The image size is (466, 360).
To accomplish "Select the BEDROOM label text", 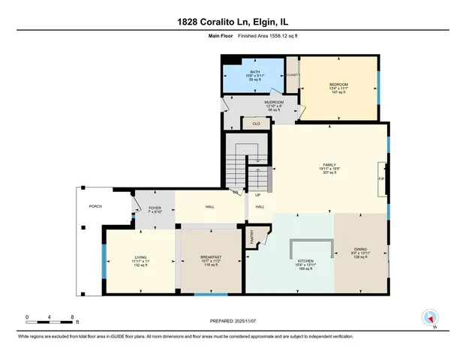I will click(338, 84).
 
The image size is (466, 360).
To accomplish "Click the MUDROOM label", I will click(274, 102).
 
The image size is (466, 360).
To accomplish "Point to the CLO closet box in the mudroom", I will click(256, 123).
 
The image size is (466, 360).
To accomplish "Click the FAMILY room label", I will click(330, 164).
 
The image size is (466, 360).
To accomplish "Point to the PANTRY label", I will click(253, 237).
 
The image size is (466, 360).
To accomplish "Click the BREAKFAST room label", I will click(210, 257).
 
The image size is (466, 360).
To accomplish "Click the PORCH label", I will click(95, 205).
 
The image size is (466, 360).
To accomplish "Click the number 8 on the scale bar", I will click(71, 317).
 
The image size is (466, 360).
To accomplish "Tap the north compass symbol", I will click(430, 317).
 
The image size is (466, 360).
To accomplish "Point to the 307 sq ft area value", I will click(330, 173).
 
